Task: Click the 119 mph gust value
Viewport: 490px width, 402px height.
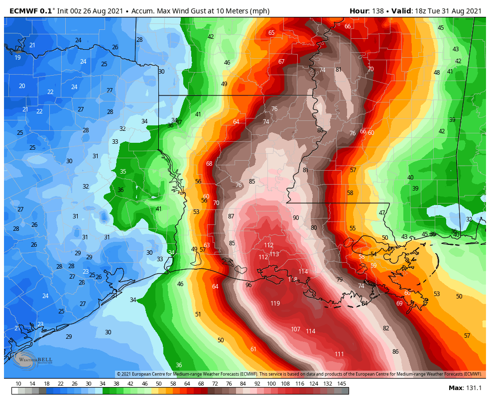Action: [275, 303]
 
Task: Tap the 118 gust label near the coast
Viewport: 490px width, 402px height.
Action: [293, 280]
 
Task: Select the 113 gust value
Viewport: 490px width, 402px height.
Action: [274, 254]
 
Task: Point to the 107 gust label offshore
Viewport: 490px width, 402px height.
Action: [295, 329]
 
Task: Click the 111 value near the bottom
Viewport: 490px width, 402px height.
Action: [339, 354]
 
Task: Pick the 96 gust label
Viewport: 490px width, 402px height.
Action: [248, 285]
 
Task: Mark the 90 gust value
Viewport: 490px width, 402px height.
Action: [296, 218]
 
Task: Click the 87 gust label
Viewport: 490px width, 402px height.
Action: [231, 216]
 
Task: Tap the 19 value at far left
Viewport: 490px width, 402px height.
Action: [17, 58]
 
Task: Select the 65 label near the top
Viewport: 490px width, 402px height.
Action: [271, 33]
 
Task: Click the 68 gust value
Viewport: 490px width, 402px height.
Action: [209, 164]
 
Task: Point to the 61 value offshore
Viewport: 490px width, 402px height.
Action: [253, 349]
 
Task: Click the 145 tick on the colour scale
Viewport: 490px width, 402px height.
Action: [342, 384]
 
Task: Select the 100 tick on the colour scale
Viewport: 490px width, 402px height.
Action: [271, 384]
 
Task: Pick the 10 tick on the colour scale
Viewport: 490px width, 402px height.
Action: [18, 384]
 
